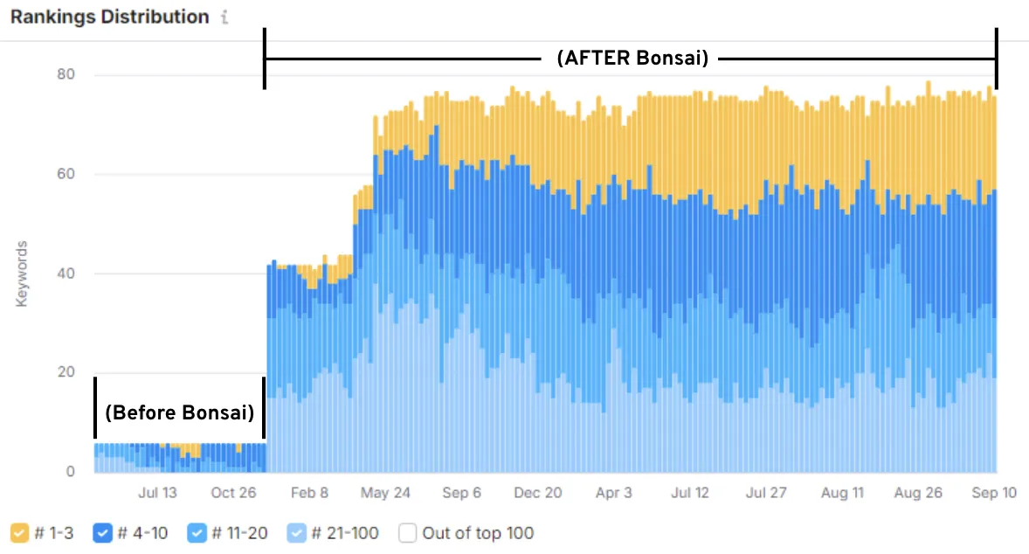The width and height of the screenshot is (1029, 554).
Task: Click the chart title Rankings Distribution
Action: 109,17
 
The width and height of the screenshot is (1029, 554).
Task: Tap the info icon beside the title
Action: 224,17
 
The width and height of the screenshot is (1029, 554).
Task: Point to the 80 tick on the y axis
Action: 66,75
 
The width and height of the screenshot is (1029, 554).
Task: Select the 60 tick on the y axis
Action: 66,175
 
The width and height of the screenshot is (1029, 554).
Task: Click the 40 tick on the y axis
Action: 66,274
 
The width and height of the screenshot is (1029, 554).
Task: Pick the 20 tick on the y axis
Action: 66,373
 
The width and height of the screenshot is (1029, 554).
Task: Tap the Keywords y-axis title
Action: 22,274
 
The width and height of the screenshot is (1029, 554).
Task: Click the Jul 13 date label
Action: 157,493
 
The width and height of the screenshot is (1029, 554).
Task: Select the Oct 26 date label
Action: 234,493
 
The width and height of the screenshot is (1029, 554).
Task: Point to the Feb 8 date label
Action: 309,493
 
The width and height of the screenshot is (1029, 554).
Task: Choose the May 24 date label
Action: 385,493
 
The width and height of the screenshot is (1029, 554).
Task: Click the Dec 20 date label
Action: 537,493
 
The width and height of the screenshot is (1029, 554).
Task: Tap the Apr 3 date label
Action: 614,493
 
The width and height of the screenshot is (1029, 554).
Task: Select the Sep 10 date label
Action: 995,493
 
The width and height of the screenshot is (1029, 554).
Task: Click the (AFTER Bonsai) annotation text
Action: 632,59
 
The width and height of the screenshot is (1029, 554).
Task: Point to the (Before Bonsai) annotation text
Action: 179,412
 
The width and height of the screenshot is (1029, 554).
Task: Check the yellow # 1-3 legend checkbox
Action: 19,532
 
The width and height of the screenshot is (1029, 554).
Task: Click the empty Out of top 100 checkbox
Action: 408,532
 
